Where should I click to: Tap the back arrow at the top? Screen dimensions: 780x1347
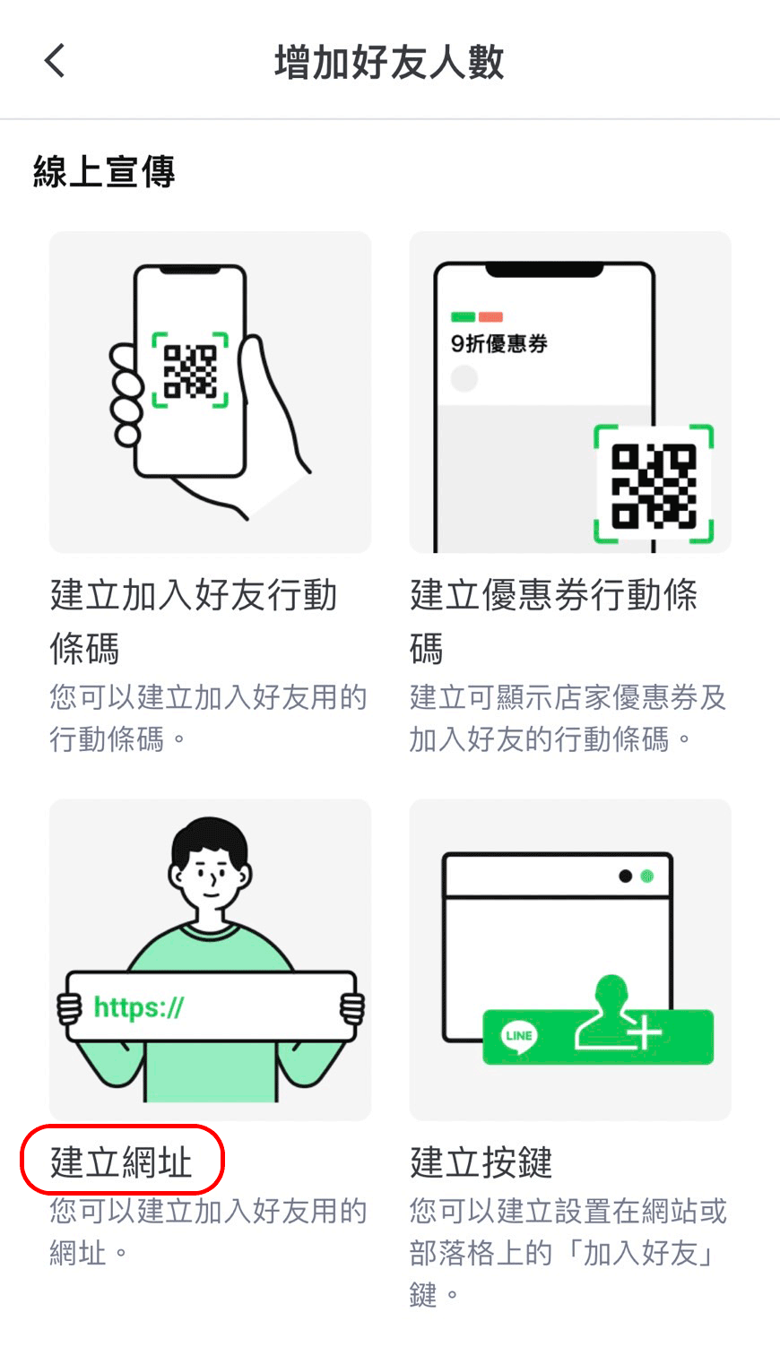54,61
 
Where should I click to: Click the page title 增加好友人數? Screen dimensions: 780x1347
390,62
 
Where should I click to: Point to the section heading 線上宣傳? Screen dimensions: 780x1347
104,171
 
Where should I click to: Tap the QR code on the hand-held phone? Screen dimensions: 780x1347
190,370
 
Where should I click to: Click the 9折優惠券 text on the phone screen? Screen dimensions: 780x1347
499,344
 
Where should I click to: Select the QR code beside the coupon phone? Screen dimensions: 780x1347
654,485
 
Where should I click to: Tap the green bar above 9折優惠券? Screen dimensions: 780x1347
463,317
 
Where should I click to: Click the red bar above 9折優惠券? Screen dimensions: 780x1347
490,317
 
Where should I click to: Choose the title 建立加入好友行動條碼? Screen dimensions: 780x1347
193,622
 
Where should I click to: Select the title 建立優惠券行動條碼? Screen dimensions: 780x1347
554,622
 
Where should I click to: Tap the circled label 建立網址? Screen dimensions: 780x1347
121,1161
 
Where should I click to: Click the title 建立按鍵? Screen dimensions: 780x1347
481,1161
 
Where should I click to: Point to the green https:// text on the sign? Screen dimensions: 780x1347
139,1006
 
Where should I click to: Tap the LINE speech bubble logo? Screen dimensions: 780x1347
519,1035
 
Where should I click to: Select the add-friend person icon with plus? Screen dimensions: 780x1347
617,1014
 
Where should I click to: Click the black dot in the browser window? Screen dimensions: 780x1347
626,876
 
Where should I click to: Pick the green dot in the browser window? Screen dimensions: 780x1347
647,876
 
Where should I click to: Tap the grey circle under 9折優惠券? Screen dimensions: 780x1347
464,378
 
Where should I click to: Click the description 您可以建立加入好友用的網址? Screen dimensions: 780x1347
208,1232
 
